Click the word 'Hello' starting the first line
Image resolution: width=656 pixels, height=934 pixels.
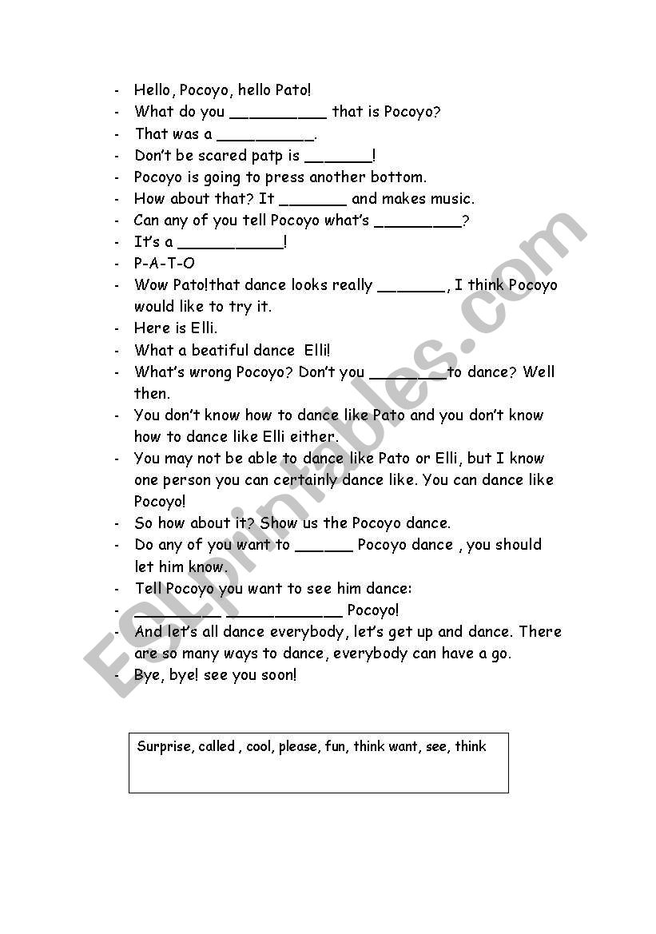[x=153, y=90]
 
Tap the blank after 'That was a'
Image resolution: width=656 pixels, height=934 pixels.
[x=265, y=135]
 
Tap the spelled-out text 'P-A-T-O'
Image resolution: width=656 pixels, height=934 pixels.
[x=165, y=264]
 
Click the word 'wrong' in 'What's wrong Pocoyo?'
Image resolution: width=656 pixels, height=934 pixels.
[x=210, y=372]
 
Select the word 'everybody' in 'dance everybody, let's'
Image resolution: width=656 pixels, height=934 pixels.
[x=308, y=632]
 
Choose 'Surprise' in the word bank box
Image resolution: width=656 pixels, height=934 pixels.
[x=164, y=747]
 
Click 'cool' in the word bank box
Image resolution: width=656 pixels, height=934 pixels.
[x=259, y=747]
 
